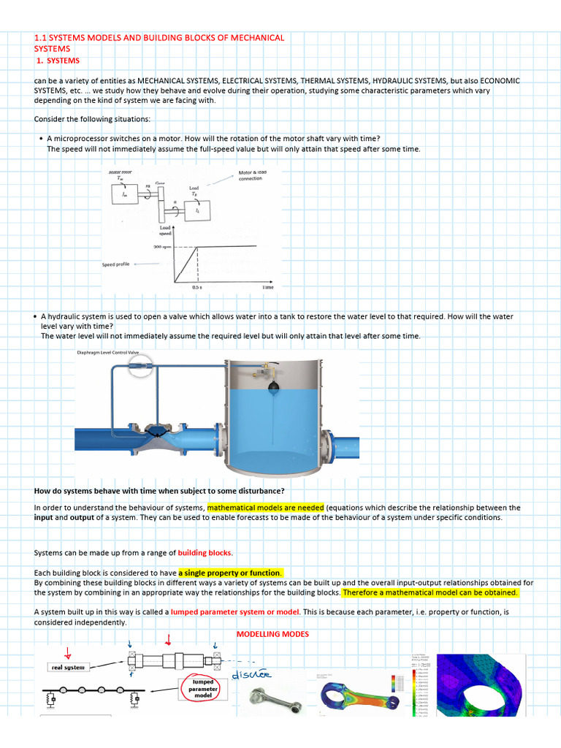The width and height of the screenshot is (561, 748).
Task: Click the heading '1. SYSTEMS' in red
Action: coord(58,61)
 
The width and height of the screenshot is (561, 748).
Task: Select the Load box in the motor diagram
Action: coord(196,210)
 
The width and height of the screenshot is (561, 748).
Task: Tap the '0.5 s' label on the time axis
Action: coord(197,288)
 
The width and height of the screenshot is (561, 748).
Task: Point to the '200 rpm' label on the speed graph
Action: coord(162,247)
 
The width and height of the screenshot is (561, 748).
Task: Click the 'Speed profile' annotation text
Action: coord(115,264)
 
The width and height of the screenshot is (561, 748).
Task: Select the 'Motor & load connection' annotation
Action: coord(253,175)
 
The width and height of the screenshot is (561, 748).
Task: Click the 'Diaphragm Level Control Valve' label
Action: coord(107,352)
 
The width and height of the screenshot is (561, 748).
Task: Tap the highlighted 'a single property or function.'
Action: coord(230,572)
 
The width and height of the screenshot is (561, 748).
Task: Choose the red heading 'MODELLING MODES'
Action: coord(272,634)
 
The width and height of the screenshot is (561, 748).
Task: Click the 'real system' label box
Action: coord(67,667)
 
